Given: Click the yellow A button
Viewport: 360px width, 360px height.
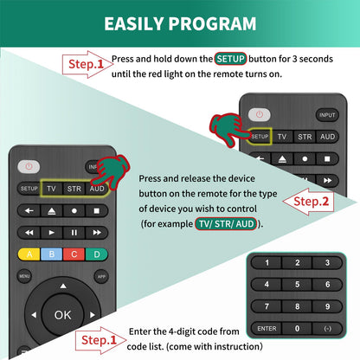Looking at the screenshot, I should [x=29, y=254].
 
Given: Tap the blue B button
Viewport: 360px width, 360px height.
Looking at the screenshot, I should [x=53, y=254].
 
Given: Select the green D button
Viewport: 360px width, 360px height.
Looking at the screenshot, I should [x=98, y=254].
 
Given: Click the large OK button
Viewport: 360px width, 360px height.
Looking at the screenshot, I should [x=63, y=315].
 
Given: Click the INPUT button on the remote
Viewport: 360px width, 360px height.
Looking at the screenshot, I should [x=327, y=115].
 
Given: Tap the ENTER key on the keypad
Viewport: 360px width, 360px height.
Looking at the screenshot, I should [x=266, y=329].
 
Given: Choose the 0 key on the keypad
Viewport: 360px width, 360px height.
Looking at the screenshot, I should [x=297, y=329].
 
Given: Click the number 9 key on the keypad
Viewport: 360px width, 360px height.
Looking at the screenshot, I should [x=327, y=306].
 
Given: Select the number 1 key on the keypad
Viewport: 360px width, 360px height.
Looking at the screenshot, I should [x=266, y=262].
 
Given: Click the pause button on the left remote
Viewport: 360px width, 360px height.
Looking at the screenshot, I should [x=75, y=232].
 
